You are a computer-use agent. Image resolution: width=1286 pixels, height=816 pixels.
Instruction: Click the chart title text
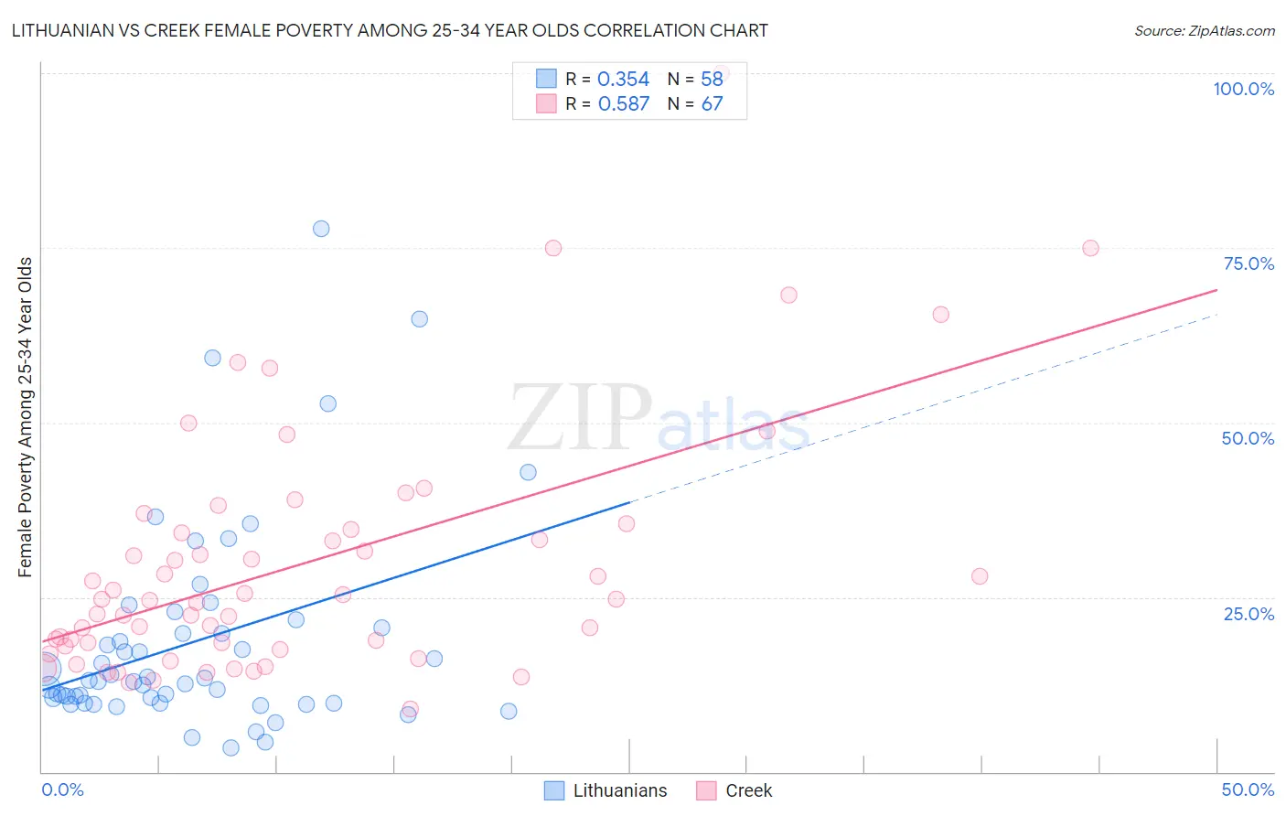(390, 30)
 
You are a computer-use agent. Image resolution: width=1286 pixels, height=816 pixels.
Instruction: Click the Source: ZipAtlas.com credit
(1204, 30)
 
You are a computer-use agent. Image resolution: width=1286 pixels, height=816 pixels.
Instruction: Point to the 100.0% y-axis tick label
(1243, 89)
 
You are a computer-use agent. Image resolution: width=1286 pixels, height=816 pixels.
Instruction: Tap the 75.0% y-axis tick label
(1248, 263)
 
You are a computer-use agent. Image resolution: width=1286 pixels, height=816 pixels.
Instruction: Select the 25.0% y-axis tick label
(1248, 613)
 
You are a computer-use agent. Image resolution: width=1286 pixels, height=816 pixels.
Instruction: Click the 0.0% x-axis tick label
(62, 789)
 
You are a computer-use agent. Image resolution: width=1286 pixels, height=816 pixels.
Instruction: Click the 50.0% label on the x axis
(1248, 789)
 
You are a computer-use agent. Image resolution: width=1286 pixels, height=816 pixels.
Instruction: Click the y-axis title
(25, 417)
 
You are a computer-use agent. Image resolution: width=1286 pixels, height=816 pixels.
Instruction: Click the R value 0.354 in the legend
(623, 80)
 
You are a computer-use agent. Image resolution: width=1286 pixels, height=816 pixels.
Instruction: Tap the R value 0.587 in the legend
(623, 104)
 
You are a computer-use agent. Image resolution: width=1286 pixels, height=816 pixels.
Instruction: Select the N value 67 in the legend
(712, 104)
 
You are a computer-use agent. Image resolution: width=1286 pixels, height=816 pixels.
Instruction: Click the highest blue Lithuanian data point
(321, 229)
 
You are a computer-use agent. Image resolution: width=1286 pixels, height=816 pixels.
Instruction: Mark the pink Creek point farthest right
(1090, 248)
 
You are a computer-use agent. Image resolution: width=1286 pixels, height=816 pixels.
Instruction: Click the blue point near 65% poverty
(419, 319)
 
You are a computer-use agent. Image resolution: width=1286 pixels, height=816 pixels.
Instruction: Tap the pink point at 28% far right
(980, 576)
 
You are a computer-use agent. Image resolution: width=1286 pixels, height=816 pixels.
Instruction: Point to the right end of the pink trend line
(1216, 290)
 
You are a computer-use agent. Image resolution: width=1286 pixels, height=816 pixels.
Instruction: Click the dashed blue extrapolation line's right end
(1216, 315)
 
